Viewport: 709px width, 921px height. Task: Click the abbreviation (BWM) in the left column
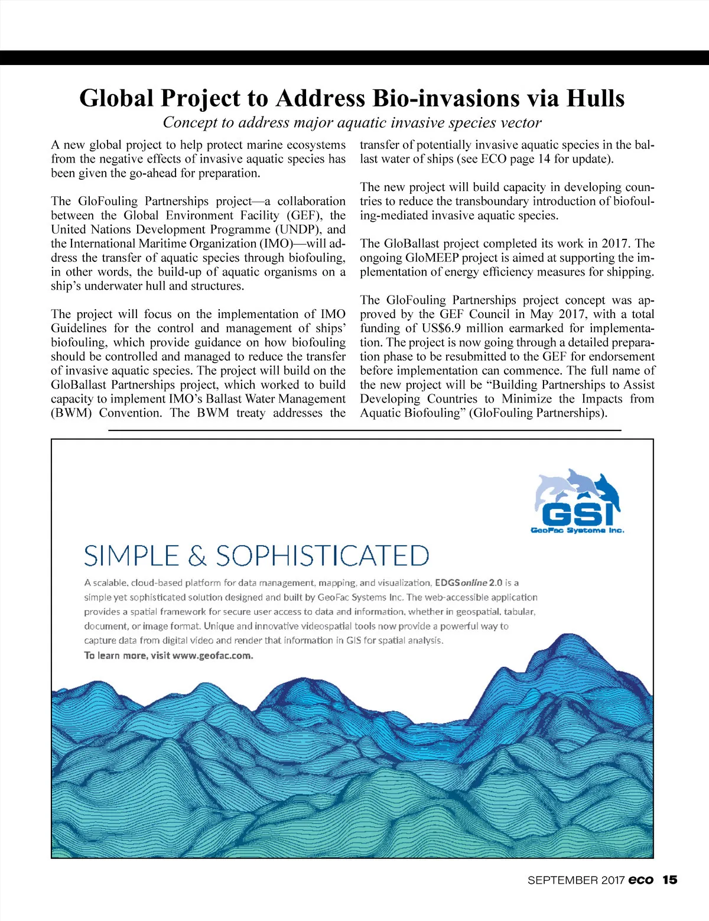[x=71, y=413]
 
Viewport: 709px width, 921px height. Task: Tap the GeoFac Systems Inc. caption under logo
[x=577, y=530]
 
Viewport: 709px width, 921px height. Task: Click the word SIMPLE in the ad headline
[x=131, y=556]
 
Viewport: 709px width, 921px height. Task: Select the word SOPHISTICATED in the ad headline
[x=322, y=556]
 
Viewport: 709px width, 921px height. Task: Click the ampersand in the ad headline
[x=197, y=557]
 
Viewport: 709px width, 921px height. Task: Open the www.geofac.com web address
[x=213, y=655]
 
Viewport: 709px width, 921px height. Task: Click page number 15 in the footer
[x=669, y=880]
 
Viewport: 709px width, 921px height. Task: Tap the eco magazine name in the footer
[x=641, y=880]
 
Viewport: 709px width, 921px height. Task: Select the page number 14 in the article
[x=545, y=159]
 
